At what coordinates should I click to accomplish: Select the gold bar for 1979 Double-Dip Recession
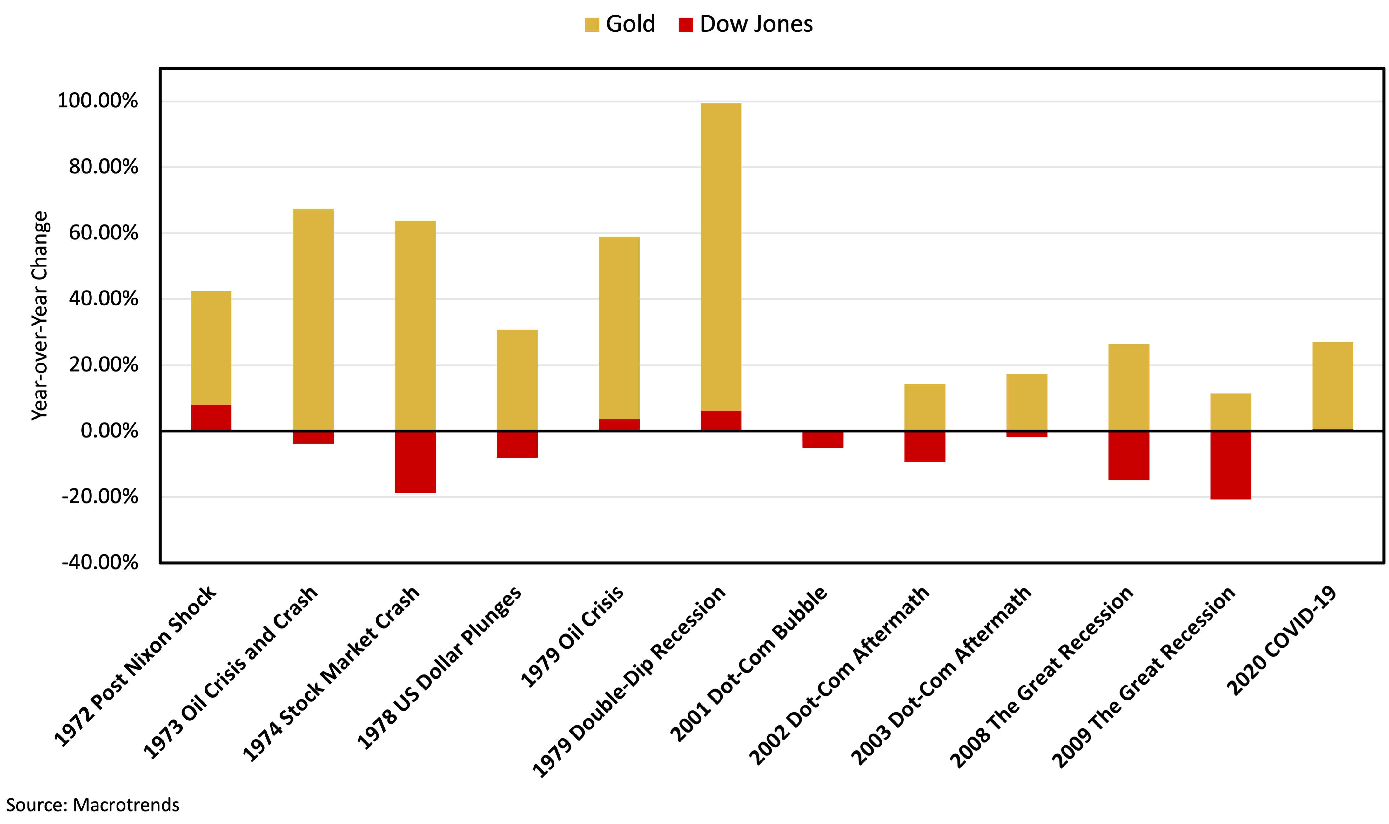(721, 255)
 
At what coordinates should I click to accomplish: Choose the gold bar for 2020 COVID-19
(1332, 385)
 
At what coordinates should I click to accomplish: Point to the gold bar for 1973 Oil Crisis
(313, 319)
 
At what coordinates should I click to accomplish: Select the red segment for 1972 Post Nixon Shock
(211, 418)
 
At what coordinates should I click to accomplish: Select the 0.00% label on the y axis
(109, 431)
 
